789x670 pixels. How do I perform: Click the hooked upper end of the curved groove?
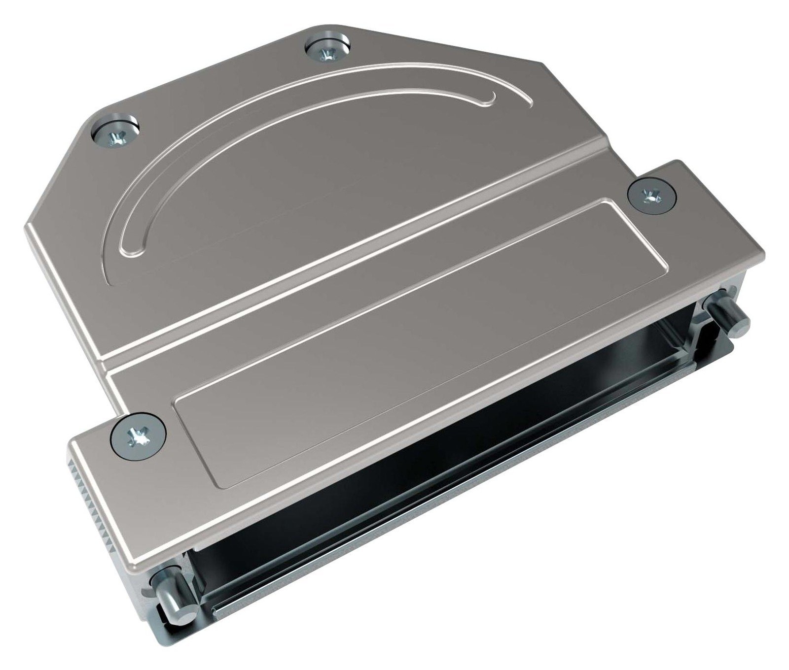[x=490, y=100]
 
